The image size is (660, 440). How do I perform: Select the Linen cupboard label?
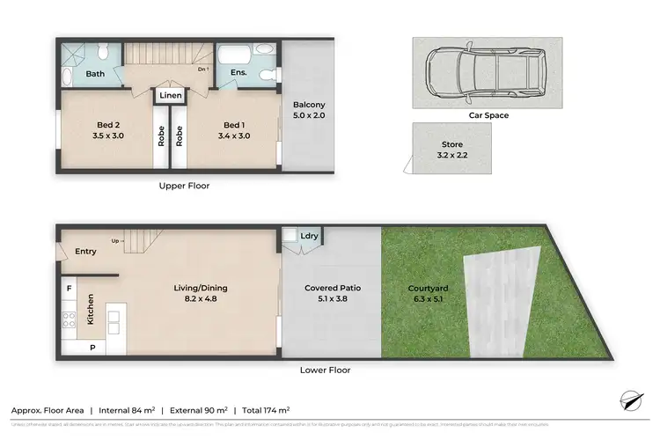point(171,94)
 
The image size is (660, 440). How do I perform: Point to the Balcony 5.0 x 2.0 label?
point(309,110)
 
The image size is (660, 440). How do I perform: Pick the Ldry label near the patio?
point(310,236)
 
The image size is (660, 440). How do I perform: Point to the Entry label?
point(85,252)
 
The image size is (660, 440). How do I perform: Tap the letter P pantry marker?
point(92,348)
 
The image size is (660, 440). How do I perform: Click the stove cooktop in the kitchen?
point(67,320)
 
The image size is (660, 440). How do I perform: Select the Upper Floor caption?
point(184,186)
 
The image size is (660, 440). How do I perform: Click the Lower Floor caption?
point(325,370)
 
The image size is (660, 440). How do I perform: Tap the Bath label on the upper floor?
point(95,74)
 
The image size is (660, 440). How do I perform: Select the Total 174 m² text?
point(266,410)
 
